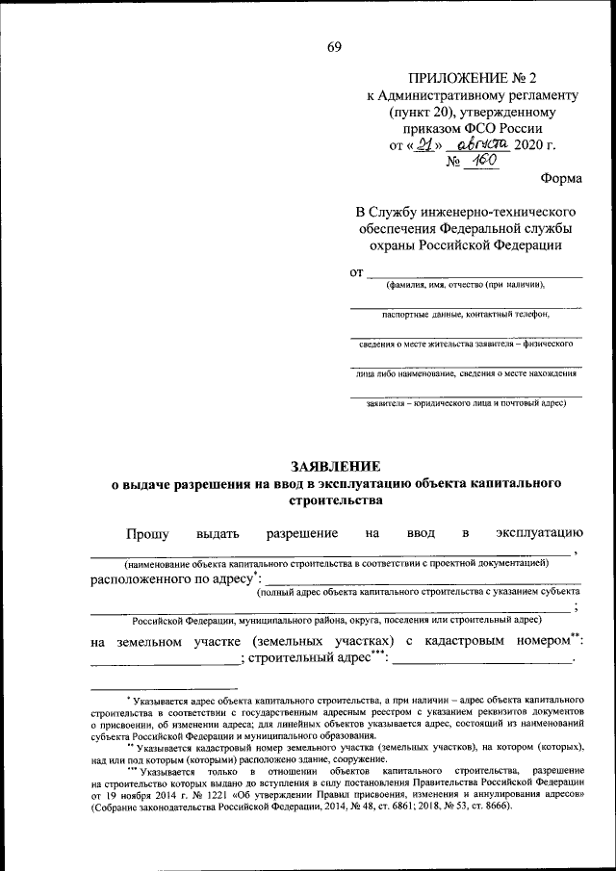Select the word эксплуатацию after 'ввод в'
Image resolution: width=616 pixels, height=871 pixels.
point(539,532)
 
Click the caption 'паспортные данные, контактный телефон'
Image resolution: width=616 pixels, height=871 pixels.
point(465,314)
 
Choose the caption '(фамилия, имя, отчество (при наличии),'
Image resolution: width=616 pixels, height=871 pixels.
point(466,284)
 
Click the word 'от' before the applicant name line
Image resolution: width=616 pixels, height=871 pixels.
point(356,272)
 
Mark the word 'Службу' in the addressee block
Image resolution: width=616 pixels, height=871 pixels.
point(398,211)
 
